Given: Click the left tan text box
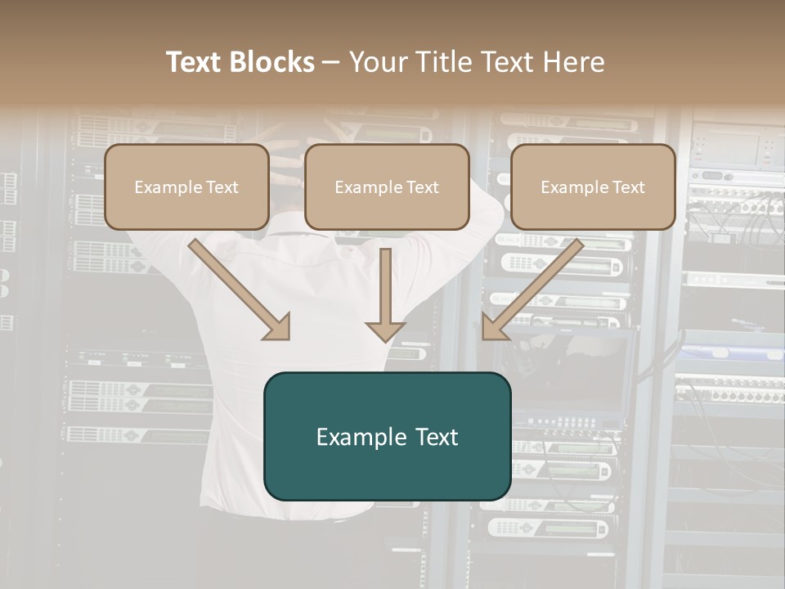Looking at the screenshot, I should pos(186,187).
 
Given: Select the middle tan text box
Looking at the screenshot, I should pos(387,187).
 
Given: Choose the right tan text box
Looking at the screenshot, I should pos(593,187).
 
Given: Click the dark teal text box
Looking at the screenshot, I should pos(387,436).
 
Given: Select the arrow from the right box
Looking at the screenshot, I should pos(536,286).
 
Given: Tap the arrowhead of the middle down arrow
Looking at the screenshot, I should pos(385,330).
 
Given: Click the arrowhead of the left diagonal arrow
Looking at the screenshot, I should pos(278,327).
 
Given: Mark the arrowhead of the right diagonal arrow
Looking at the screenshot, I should pos(495,327).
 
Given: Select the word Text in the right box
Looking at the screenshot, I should pos(627,187).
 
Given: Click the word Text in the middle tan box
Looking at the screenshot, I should pos(421,187).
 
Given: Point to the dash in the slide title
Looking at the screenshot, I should pos(331,63).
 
